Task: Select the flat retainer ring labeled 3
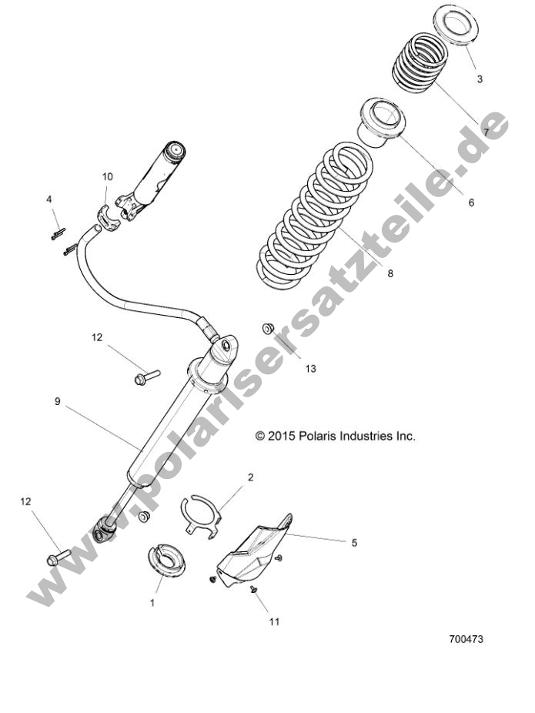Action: pyautogui.click(x=459, y=28)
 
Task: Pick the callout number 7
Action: pyautogui.click(x=486, y=132)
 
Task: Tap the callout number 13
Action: pyautogui.click(x=310, y=368)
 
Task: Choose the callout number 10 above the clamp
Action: pyautogui.click(x=107, y=176)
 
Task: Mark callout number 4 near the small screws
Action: pyautogui.click(x=49, y=199)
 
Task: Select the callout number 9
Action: pyautogui.click(x=57, y=401)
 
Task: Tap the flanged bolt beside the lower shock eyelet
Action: pyautogui.click(x=59, y=554)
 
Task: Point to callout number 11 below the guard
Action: pyautogui.click(x=275, y=621)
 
